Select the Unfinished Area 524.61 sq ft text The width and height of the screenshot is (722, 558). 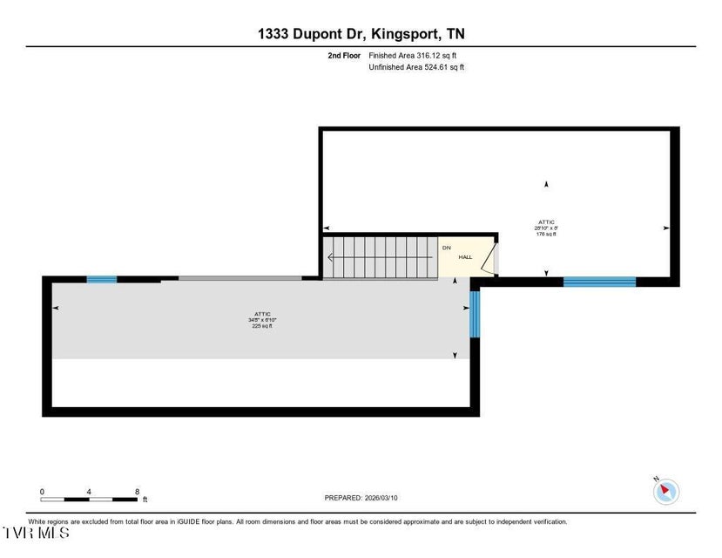(x=416, y=67)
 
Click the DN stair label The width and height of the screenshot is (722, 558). (x=447, y=248)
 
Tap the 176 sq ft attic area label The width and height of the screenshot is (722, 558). (x=545, y=234)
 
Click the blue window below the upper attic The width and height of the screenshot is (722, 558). (x=599, y=282)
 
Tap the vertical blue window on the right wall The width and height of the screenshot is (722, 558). (x=475, y=314)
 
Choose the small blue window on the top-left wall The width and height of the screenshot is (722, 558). (x=101, y=279)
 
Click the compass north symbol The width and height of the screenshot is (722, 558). (x=665, y=491)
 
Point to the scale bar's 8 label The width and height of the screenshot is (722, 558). (x=138, y=492)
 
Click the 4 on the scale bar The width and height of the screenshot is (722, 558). (x=90, y=492)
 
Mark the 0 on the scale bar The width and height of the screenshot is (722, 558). (x=42, y=492)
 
